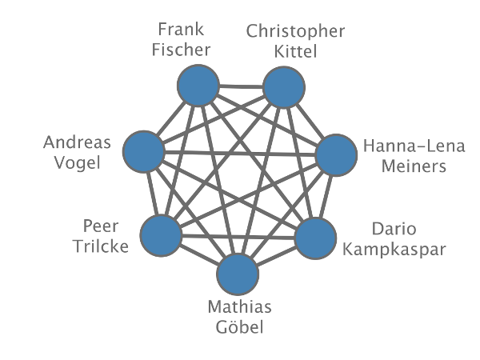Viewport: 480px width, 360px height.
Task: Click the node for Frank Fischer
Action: [198, 86]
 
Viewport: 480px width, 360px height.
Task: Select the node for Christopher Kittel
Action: [285, 87]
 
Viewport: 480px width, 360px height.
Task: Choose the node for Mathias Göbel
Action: [238, 275]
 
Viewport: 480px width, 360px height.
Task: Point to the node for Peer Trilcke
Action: [161, 235]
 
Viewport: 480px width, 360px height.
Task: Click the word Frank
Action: [181, 30]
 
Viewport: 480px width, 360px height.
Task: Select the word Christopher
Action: [296, 32]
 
